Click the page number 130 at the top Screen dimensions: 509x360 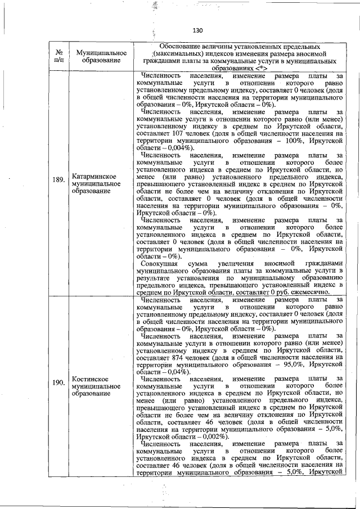pos(196,30)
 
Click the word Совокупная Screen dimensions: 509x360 pos(161,263)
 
